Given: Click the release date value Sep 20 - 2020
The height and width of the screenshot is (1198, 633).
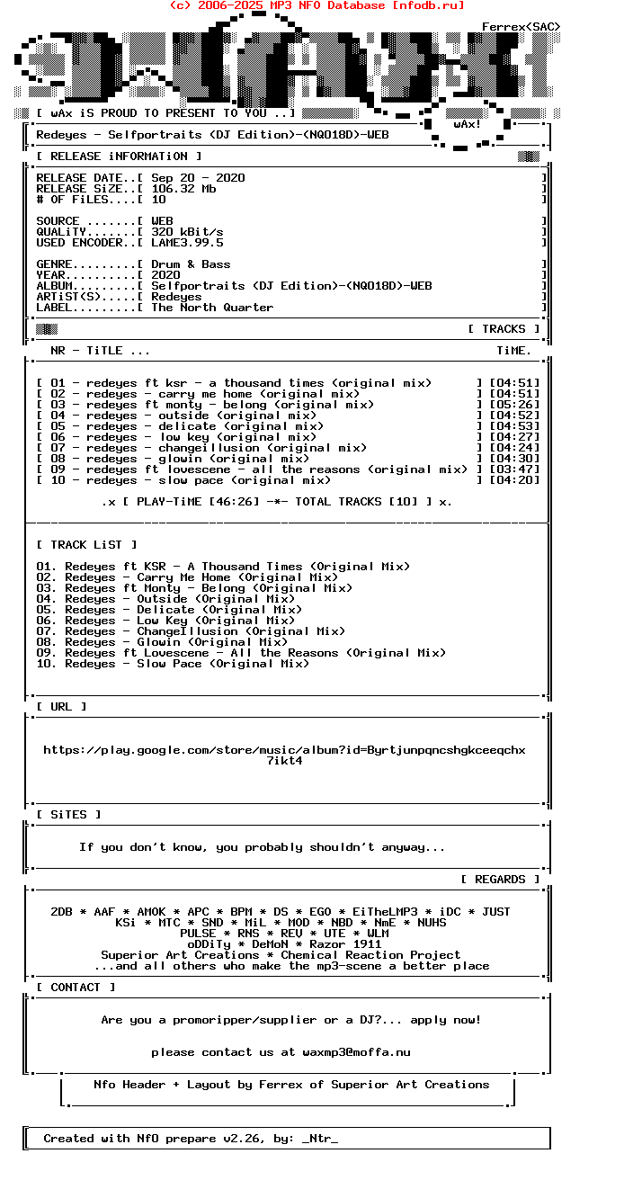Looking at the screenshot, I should (198, 178).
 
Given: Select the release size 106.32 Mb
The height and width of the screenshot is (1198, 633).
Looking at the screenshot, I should (183, 189).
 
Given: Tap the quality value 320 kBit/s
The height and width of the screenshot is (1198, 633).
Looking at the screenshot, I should (187, 232).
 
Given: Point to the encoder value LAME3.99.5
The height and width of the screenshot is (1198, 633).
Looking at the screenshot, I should (187, 243).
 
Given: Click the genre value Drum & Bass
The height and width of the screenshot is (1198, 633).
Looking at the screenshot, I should (191, 264).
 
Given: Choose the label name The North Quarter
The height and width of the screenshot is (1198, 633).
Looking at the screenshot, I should (212, 308).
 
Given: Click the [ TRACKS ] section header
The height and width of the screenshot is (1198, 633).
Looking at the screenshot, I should (504, 329).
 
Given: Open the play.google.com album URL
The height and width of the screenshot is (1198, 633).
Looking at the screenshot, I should (284, 750).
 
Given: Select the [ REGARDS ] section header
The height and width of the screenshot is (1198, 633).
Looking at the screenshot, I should (500, 880).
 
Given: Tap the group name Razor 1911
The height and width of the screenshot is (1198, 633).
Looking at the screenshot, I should (345, 944).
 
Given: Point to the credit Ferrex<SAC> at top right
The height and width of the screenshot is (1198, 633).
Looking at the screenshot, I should (521, 27).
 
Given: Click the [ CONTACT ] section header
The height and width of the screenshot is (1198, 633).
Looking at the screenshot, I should (76, 988).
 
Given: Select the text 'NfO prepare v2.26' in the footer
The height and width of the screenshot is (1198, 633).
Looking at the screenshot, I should (198, 1139).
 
